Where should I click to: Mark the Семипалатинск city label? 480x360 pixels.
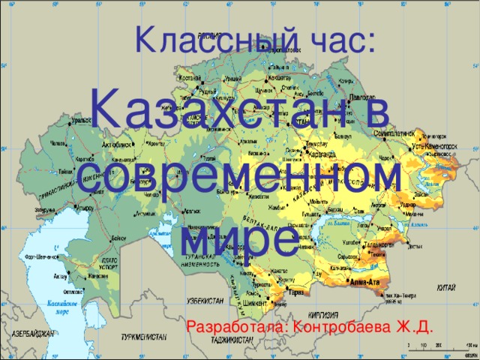[397, 130]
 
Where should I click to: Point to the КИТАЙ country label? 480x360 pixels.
[445, 286]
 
